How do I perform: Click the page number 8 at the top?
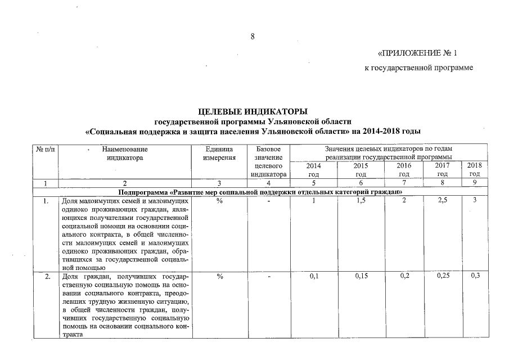(253, 37)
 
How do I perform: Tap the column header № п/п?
(45, 149)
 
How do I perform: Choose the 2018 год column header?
(475, 170)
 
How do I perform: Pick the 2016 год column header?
(403, 170)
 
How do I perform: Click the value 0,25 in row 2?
(445, 277)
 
